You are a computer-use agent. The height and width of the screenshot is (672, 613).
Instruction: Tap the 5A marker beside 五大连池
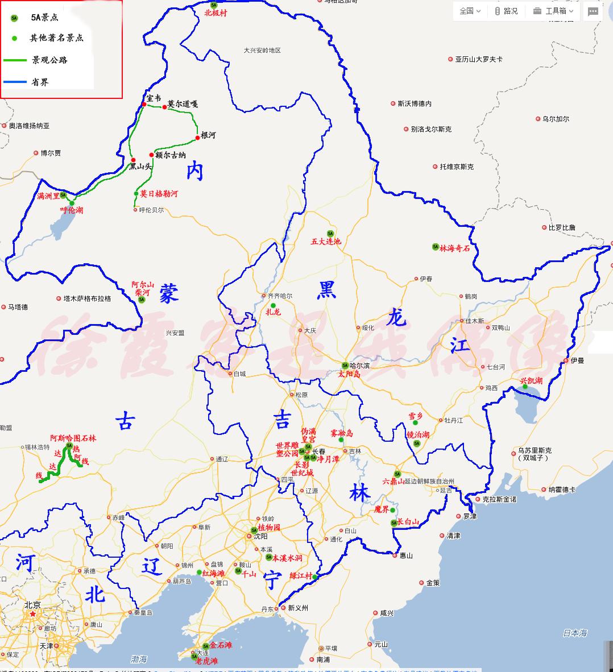pyautogui.click(x=330, y=233)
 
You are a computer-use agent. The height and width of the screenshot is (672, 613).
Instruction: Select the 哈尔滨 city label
pyautogui.click(x=359, y=365)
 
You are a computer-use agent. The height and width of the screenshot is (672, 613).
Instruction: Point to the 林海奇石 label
pyautogui.click(x=455, y=248)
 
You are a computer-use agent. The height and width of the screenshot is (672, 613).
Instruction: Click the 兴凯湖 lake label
pyautogui.click(x=531, y=380)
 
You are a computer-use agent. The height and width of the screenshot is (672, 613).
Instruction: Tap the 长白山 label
pyautogui.click(x=408, y=522)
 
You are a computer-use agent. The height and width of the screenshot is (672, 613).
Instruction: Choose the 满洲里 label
pyautogui.click(x=48, y=196)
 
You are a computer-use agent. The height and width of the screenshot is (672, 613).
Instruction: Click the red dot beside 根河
pyautogui.click(x=198, y=137)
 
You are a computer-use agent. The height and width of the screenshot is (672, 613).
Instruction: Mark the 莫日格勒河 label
pyautogui.click(x=159, y=194)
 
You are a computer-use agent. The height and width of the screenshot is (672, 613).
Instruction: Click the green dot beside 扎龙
pyautogui.click(x=273, y=306)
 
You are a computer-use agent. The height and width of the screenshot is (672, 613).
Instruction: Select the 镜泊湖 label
pyautogui.click(x=417, y=435)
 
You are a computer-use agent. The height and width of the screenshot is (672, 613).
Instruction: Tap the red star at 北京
pyautogui.click(x=33, y=614)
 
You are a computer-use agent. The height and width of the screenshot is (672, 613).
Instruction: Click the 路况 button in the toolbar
pyautogui.click(x=506, y=11)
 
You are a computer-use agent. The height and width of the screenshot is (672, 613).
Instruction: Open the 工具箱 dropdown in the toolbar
pyautogui.click(x=554, y=11)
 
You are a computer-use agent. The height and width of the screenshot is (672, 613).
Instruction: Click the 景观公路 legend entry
pyautogui.click(x=49, y=60)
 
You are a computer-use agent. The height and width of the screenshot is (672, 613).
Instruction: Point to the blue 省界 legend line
pyautogui.click(x=15, y=82)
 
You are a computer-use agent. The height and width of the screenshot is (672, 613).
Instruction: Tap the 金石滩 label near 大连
pyautogui.click(x=221, y=645)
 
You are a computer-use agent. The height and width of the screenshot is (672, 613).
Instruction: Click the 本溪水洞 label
pyautogui.click(x=287, y=558)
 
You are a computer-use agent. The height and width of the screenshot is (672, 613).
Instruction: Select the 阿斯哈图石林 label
pyautogui.click(x=73, y=438)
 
